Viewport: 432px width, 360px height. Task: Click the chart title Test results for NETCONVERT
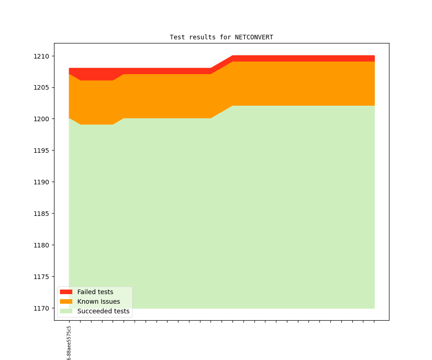221,37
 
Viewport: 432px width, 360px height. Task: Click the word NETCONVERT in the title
254,37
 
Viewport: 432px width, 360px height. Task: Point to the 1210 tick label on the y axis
41,56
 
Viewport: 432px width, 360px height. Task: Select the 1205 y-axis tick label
41,88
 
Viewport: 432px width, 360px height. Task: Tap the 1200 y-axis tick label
41,119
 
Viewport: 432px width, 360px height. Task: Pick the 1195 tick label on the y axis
41,150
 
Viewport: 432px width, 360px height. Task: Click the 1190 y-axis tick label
41,182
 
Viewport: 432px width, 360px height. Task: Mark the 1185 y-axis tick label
41,214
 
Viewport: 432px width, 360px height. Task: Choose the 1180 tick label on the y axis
41,245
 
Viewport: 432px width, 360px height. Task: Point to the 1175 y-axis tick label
41,277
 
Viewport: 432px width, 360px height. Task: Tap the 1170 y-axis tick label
41,308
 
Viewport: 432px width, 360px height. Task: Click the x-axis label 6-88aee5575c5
69,343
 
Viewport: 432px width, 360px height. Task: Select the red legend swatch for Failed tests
66,292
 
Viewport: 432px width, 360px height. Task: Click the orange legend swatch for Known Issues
66,301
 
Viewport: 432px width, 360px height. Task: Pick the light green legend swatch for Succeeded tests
66,311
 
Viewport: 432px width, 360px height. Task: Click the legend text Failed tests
95,292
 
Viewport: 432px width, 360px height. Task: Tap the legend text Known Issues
98,301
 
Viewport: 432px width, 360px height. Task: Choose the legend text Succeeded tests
103,311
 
